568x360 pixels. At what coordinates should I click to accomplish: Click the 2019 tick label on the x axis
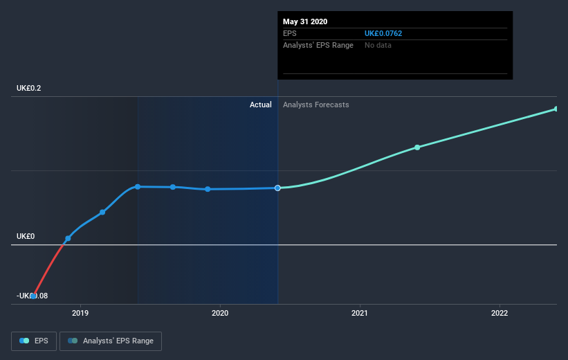(81, 313)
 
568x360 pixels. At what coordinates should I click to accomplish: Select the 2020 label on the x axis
(220, 313)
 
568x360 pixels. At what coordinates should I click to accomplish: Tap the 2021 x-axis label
(360, 313)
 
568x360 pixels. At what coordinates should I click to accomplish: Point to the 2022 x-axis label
(500, 313)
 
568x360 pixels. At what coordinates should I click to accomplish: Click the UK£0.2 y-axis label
(30, 88)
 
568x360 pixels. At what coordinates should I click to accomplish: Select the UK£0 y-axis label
(25, 236)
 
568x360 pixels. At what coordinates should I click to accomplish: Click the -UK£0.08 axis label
(31, 296)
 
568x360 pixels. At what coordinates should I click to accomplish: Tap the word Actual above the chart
(261, 105)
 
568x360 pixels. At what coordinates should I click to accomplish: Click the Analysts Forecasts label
(316, 105)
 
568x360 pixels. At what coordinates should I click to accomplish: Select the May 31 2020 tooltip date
(305, 21)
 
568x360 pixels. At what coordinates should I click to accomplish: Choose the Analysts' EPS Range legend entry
(111, 341)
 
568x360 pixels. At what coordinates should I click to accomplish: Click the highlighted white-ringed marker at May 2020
(277, 188)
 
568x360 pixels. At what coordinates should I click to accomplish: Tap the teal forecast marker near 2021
(417, 147)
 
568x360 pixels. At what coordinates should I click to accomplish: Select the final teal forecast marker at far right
(556, 109)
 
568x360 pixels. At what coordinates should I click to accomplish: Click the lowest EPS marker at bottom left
(33, 296)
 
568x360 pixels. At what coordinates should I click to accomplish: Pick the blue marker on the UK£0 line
(68, 238)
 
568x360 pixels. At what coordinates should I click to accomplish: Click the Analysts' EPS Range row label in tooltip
(318, 45)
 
